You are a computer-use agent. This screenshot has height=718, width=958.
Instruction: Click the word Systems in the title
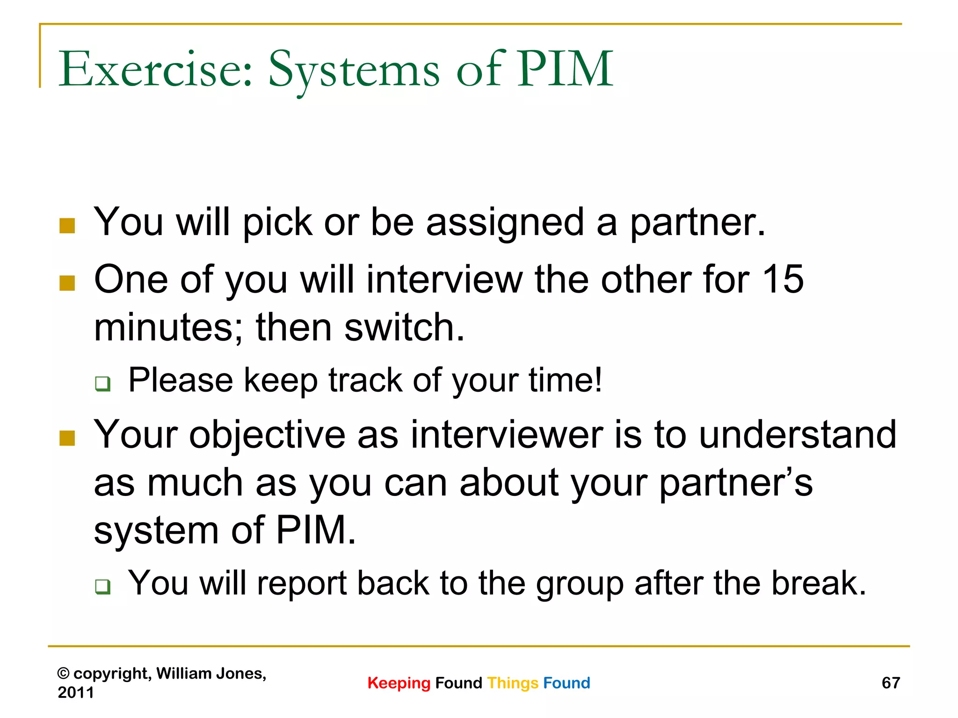tap(354, 70)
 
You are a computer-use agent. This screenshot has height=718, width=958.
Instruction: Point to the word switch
tap(404, 328)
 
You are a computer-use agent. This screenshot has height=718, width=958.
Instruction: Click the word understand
tap(798, 434)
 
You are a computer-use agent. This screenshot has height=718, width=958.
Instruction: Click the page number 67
tap(891, 683)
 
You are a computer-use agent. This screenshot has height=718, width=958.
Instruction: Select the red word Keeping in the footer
tap(399, 683)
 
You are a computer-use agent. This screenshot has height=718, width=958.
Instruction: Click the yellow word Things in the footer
tap(513, 683)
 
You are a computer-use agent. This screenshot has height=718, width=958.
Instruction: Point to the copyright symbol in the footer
tap(63, 674)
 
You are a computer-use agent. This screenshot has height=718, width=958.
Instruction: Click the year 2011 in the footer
tap(75, 692)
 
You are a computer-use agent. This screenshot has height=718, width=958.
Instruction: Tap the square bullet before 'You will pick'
tap(67, 226)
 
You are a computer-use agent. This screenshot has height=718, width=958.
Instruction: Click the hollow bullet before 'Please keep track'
tap(102, 383)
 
